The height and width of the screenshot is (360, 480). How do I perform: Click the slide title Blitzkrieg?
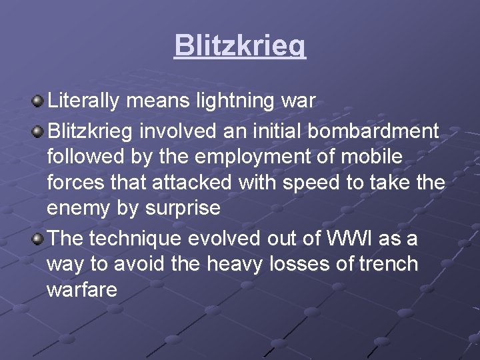(240, 45)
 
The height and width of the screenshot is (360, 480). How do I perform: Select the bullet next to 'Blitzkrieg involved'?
(38, 129)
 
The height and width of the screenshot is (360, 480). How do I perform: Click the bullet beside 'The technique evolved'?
(38, 238)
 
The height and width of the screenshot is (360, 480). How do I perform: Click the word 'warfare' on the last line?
(82, 290)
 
